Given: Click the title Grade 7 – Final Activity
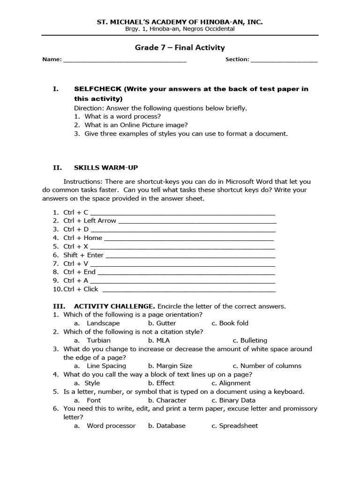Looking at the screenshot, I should (x=180, y=47).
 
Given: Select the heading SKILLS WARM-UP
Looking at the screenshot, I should (x=106, y=167).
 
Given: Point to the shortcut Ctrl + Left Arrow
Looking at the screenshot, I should (x=90, y=220).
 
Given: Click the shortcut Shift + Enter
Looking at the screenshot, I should (x=83, y=255).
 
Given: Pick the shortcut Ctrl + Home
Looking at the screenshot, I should (x=82, y=238).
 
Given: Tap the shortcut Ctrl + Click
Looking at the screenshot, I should (x=81, y=289).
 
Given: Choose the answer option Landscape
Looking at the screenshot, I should (x=103, y=323).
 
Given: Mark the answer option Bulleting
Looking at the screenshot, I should (x=254, y=340).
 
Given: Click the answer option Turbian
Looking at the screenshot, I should (x=98, y=340).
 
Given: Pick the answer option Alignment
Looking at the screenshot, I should (x=235, y=383).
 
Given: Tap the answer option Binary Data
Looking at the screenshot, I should (x=237, y=400).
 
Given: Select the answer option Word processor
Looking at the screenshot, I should (x=111, y=426).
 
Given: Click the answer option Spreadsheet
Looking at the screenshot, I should (x=238, y=426).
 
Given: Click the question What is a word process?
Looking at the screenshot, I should (x=122, y=116).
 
